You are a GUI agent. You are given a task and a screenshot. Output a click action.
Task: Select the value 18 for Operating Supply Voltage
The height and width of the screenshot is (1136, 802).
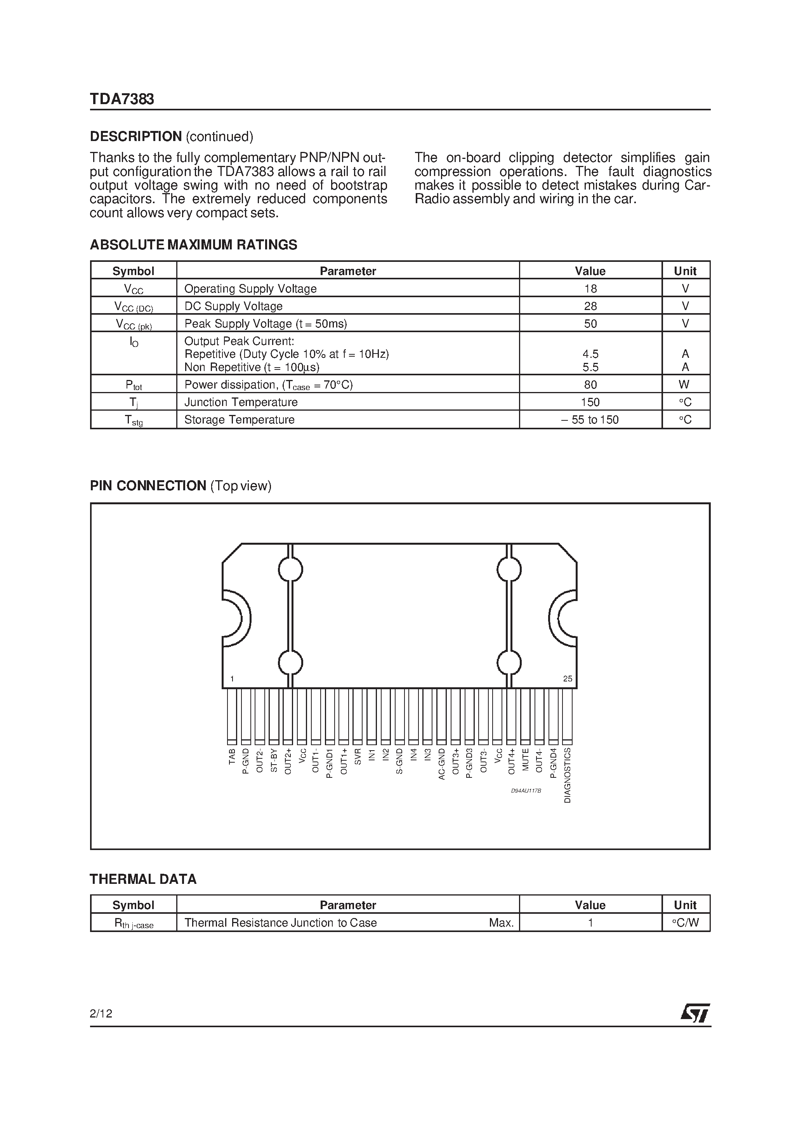pyautogui.click(x=590, y=288)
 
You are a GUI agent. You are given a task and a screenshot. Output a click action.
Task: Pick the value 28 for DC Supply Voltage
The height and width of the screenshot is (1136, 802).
pyautogui.click(x=590, y=306)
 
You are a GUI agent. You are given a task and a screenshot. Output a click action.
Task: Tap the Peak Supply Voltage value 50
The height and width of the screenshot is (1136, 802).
pyautogui.click(x=590, y=324)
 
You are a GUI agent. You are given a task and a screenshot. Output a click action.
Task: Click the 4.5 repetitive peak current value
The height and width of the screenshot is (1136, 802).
pyautogui.click(x=590, y=354)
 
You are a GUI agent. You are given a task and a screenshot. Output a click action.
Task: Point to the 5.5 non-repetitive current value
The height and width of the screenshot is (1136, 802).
pyautogui.click(x=590, y=367)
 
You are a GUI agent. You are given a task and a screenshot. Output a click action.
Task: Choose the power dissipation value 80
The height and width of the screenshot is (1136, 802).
pyautogui.click(x=590, y=385)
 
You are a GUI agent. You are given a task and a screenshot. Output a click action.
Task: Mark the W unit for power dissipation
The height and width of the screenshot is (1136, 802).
pyautogui.click(x=684, y=385)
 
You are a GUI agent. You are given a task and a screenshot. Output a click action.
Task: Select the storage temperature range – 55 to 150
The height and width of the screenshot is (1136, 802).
pyautogui.click(x=590, y=420)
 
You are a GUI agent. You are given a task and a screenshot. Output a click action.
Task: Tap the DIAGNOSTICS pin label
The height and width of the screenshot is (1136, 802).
pyautogui.click(x=568, y=775)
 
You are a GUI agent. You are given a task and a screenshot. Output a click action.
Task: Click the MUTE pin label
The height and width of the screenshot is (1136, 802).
pyautogui.click(x=526, y=760)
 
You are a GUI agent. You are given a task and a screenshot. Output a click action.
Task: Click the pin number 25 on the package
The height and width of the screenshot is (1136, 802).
pyautogui.click(x=567, y=679)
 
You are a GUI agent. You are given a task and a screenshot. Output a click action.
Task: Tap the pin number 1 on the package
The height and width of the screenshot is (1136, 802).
pyautogui.click(x=232, y=679)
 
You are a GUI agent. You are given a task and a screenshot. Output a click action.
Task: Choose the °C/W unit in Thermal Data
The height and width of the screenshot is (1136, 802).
pyautogui.click(x=685, y=923)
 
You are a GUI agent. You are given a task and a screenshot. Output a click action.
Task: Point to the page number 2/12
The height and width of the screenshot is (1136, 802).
pyautogui.click(x=101, y=1014)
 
